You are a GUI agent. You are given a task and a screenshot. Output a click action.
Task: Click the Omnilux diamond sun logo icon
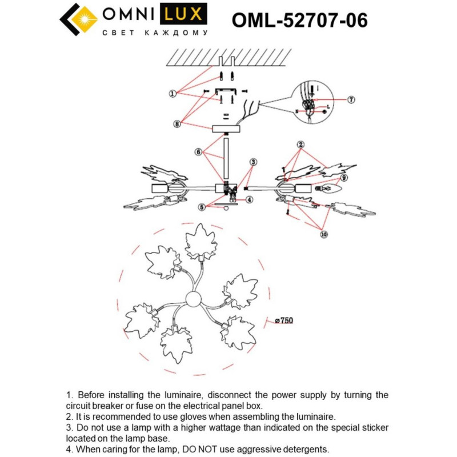79,22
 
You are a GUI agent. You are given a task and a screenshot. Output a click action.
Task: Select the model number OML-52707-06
299,21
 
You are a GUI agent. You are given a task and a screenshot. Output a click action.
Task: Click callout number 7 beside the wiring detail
351,99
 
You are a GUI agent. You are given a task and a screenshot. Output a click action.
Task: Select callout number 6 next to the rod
198,153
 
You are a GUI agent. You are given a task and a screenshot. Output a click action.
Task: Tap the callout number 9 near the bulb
344,178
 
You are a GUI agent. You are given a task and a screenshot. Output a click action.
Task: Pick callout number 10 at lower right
324,234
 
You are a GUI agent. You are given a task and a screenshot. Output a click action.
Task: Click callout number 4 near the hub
249,200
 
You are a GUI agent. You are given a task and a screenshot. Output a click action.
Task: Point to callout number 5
202,207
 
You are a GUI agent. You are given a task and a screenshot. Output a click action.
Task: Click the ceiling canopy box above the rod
226,129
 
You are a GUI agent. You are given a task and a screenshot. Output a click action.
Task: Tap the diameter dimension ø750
283,321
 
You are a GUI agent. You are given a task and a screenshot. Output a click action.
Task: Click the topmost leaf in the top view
201,242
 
